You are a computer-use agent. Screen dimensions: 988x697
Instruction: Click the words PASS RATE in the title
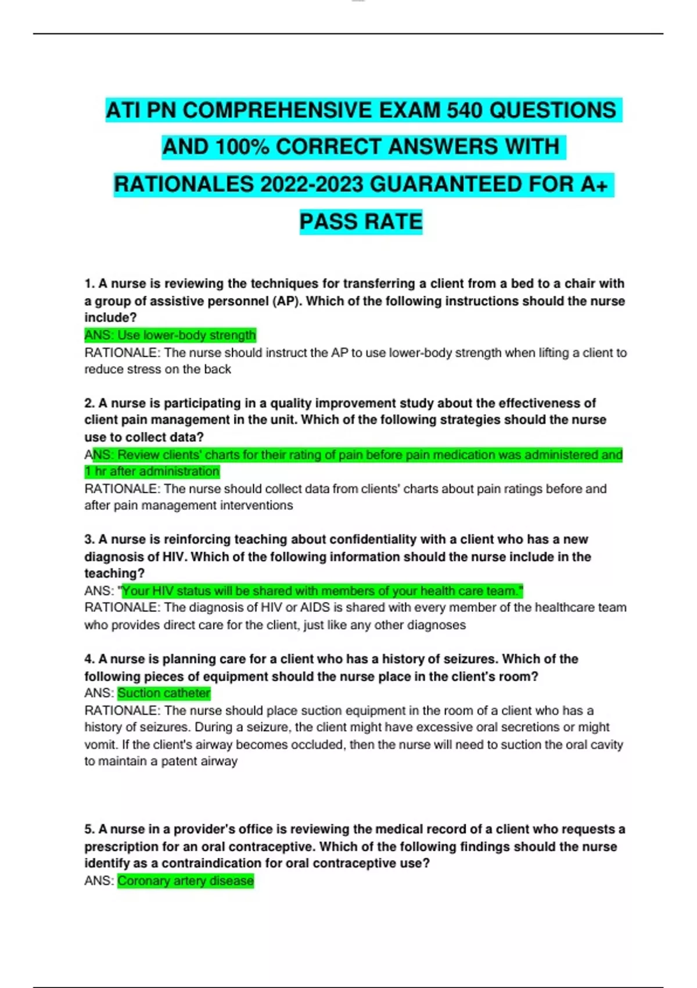(x=361, y=221)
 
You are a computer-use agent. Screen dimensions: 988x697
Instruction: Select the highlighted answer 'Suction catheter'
(x=164, y=693)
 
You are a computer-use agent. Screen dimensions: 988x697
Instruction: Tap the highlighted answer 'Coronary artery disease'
(x=185, y=881)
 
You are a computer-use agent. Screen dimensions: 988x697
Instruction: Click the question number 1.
(x=89, y=284)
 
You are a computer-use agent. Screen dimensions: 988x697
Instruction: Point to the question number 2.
(x=89, y=403)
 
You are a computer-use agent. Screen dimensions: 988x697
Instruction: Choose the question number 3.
(x=89, y=539)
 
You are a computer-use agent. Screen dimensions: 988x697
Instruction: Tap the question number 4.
(x=89, y=659)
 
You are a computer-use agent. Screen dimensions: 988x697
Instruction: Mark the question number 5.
(x=89, y=829)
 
